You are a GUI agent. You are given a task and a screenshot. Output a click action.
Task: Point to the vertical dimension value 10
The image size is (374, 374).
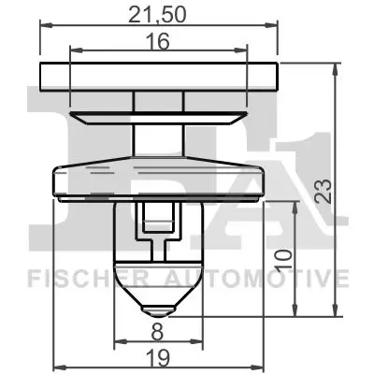coord(287,255)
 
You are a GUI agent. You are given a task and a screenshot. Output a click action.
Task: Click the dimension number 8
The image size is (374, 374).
coord(158,329)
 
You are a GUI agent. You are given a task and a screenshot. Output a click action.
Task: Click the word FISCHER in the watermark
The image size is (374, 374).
coord(79,278)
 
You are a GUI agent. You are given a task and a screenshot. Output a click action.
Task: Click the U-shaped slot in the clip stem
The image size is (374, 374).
coord(158,224)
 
